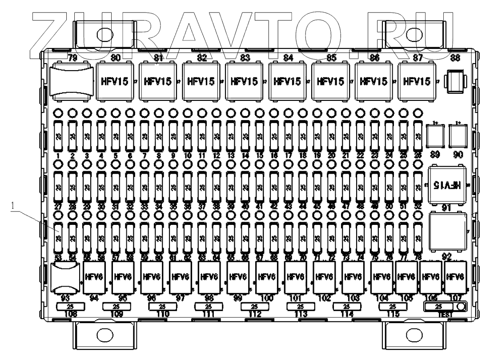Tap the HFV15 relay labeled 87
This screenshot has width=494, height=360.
coord(417,82)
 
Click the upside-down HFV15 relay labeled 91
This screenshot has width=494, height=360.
coord(449,183)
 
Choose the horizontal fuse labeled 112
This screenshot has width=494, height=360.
coord(254,307)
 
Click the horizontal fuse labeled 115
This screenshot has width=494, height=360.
coord(392,307)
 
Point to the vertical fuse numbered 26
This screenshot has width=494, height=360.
coord(417,135)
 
